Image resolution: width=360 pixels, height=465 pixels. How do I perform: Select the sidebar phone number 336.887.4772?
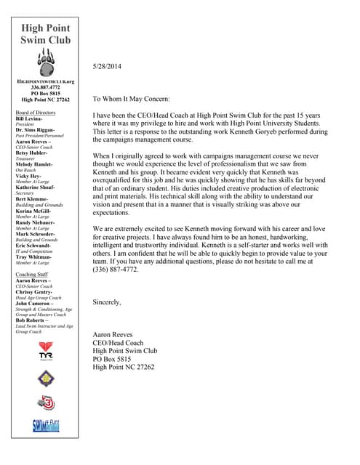[x=45, y=88]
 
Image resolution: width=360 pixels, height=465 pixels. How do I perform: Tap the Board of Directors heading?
[x=35, y=113]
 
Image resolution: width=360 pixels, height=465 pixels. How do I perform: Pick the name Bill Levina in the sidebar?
[x=30, y=119]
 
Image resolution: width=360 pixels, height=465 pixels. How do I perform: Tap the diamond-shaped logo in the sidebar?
[x=45, y=377]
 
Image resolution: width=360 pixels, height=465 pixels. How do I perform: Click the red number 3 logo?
[x=45, y=403]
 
